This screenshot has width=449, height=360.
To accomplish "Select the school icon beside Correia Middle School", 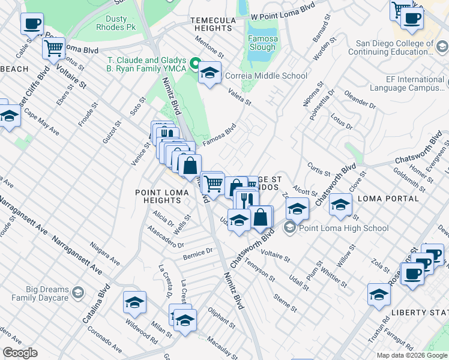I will (x=209, y=74).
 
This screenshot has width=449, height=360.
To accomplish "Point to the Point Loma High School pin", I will (x=291, y=228).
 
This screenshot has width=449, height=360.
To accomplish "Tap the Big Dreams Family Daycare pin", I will (x=77, y=292).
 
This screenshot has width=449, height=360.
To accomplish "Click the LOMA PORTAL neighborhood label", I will (x=388, y=199).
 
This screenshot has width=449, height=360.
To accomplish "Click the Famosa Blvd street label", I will (x=218, y=135).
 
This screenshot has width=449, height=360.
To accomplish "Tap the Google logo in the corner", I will (x=20, y=353).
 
